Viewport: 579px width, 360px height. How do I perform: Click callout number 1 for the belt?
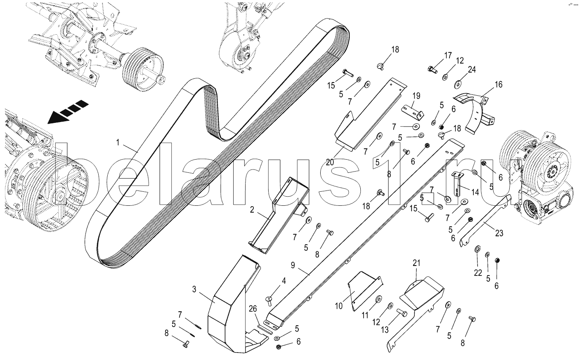(118, 143)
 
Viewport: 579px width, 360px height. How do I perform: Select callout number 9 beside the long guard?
(293, 266)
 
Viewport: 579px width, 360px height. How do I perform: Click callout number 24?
(472, 69)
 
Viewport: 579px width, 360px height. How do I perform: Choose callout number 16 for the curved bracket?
(499, 84)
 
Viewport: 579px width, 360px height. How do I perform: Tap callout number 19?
(416, 96)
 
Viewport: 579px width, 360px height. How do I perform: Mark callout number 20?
(330, 162)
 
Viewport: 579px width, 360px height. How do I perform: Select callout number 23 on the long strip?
(499, 233)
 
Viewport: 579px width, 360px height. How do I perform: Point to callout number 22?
(477, 273)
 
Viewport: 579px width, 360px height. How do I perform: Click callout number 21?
(416, 262)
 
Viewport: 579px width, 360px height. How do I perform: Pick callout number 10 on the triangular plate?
(339, 306)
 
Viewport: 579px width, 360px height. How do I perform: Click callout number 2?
(251, 209)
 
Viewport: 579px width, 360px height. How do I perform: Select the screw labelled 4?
(270, 300)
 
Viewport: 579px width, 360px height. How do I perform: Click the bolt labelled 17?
(432, 69)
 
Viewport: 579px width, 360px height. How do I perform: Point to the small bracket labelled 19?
(411, 111)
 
